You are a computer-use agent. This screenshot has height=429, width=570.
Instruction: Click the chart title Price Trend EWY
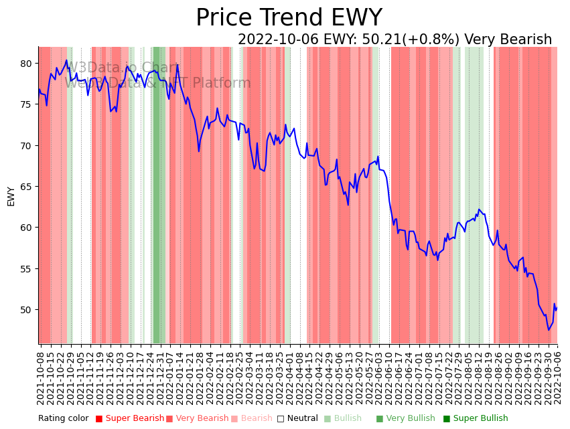289,18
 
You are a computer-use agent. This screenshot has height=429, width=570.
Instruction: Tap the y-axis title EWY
11,196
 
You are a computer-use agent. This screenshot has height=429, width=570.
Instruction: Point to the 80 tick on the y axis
25,64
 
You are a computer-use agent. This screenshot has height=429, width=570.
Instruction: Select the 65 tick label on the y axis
25,187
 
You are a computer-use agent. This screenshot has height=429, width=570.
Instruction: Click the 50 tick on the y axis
25,310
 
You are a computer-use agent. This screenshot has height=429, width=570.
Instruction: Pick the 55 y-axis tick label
25,269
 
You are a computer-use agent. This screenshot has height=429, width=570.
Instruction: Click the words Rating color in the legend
63,418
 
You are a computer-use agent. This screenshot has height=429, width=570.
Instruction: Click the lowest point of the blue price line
549,329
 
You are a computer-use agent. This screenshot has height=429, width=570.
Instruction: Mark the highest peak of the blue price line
66,60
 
